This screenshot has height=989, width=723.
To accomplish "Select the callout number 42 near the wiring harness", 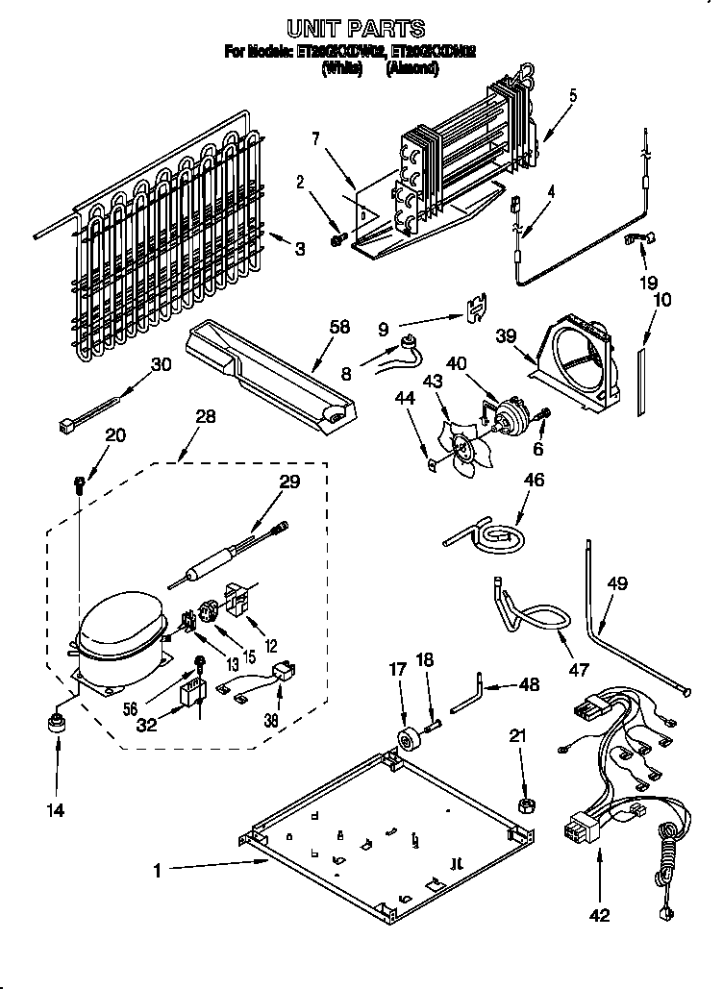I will pos(600,916).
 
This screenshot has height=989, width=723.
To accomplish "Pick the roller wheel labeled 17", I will pos(407,739).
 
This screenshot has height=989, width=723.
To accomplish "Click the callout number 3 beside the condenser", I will pos(300,249).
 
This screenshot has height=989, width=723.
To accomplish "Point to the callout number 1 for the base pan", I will pos(157,871).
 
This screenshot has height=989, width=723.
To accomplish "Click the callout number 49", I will pos(617,582).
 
